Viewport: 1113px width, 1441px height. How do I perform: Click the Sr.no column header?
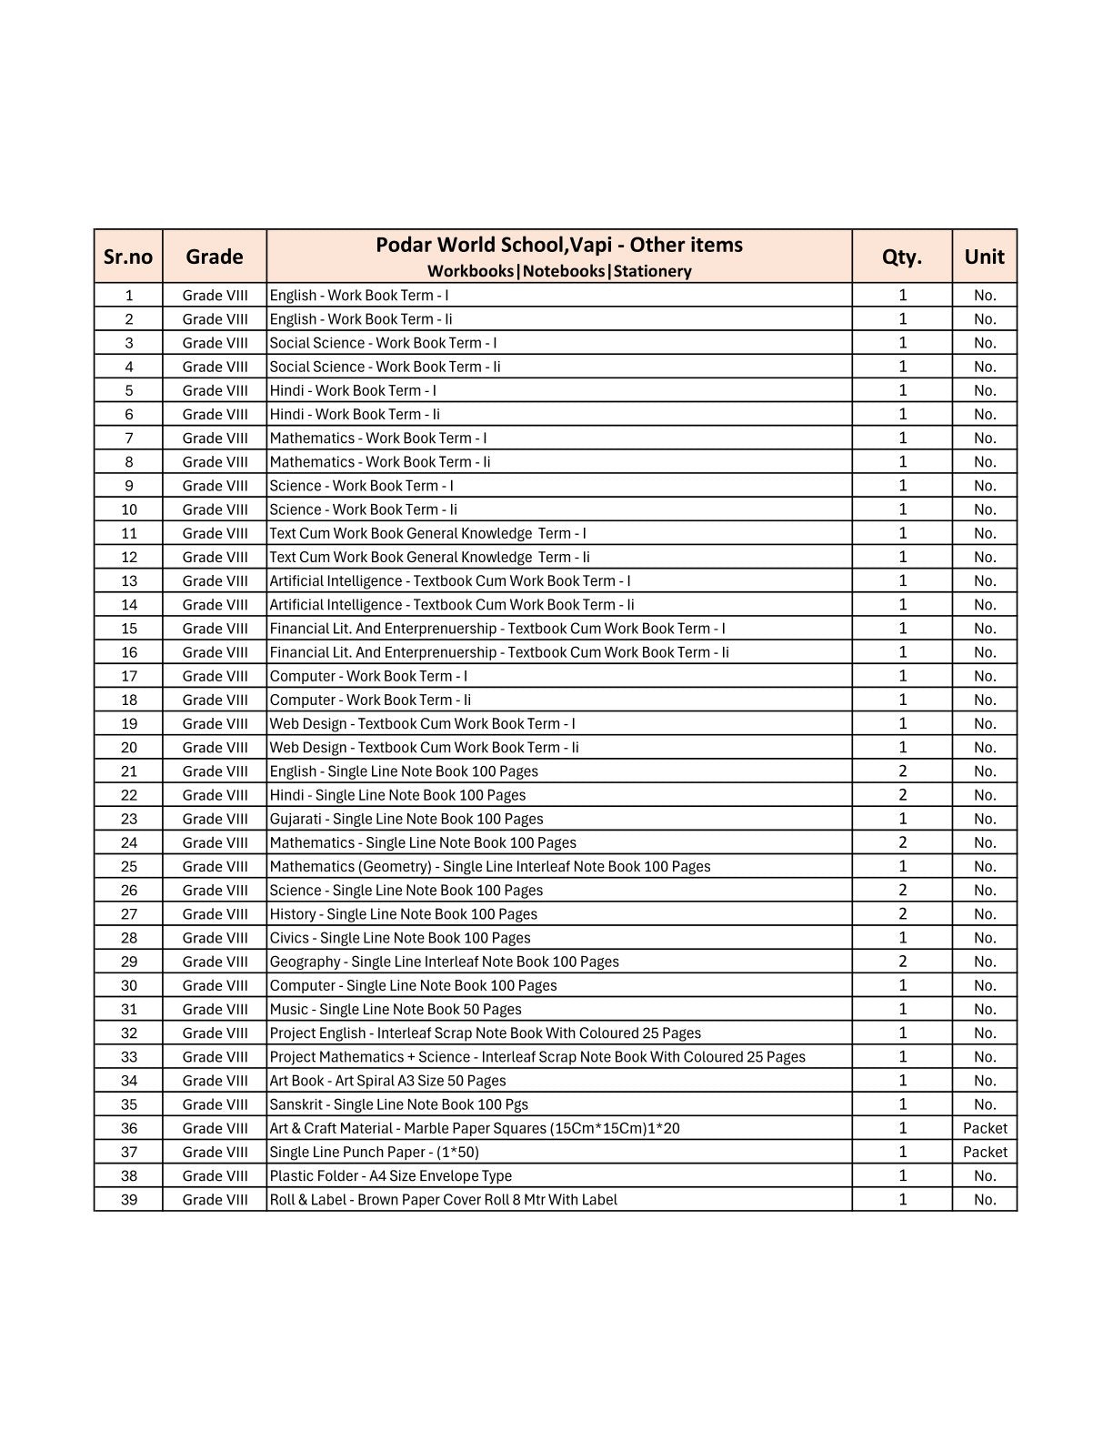[x=128, y=257]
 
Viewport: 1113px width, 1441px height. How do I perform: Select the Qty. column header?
[x=902, y=257]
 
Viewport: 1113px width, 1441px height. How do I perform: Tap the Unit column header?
[x=984, y=257]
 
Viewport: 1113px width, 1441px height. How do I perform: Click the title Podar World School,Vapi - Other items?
[x=559, y=245]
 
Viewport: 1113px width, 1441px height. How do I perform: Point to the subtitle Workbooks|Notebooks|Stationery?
[x=559, y=271]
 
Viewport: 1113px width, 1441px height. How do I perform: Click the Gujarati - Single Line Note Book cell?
[x=406, y=819]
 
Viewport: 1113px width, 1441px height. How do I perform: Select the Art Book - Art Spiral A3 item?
[x=387, y=1081]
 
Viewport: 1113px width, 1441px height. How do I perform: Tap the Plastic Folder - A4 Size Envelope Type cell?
[x=391, y=1175]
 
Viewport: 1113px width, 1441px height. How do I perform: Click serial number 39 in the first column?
[x=129, y=1199]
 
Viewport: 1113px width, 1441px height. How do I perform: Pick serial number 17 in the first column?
[x=129, y=676]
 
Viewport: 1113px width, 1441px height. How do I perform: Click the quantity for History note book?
[x=902, y=913]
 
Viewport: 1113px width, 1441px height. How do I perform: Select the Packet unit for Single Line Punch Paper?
[x=985, y=1152]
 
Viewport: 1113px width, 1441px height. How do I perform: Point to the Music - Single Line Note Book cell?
[x=396, y=1009]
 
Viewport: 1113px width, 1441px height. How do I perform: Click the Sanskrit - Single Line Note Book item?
[x=398, y=1104]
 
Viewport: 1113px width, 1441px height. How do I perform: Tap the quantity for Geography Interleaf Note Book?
[x=902, y=962]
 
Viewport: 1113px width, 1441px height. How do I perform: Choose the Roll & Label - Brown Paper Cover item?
[x=443, y=1199]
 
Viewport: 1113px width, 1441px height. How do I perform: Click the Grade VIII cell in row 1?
[x=215, y=295]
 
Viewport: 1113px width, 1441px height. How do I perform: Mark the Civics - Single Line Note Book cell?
[x=400, y=938]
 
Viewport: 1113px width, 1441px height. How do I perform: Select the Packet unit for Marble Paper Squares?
[x=985, y=1128]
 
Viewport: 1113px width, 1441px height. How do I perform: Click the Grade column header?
[x=215, y=257]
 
